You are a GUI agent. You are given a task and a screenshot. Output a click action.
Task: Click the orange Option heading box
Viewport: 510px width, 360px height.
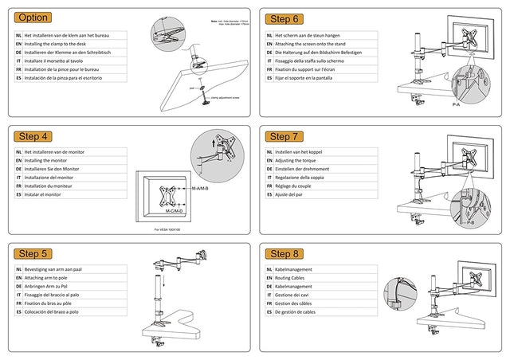[x=33, y=18]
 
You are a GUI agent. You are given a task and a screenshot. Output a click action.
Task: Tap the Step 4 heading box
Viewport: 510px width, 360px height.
[x=33, y=135]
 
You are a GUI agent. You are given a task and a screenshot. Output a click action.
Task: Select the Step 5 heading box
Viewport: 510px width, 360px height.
[x=33, y=253]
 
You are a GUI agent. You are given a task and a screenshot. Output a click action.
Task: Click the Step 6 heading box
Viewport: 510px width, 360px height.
[x=284, y=18]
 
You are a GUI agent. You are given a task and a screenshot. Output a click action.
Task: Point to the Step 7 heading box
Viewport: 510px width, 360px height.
[x=284, y=136]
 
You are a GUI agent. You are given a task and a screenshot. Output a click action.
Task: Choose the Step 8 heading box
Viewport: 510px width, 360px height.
[x=284, y=253]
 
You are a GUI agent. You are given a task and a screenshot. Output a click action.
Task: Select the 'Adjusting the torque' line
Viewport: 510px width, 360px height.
[x=300, y=160]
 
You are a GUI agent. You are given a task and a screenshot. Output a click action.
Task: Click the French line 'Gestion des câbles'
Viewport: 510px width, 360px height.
[x=297, y=303]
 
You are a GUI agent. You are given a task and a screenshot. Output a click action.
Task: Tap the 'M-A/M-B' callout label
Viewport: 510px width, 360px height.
[x=200, y=188]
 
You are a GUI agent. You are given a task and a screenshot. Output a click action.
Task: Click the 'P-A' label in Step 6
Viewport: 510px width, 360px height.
[x=456, y=104]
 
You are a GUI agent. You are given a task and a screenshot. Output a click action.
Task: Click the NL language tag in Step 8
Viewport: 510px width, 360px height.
[x=269, y=269]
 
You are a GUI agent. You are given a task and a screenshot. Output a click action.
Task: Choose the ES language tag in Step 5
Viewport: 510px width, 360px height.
[x=18, y=312]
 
